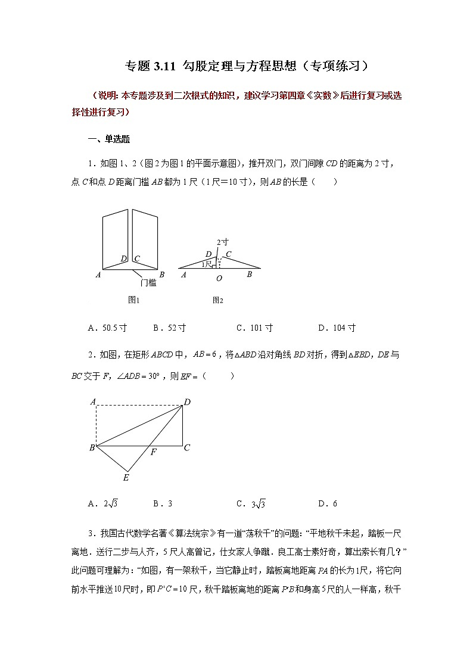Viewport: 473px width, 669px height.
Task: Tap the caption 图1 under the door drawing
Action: pyautogui.click(x=134, y=300)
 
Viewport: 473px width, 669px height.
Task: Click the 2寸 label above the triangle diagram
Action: pyautogui.click(x=223, y=242)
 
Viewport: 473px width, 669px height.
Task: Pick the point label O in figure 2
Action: pyautogui.click(x=219, y=278)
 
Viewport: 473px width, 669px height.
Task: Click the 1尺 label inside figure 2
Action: pyautogui.click(x=207, y=263)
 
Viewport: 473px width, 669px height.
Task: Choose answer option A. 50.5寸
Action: pyautogui.click(x=107, y=328)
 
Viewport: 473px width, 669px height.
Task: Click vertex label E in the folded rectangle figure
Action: pyautogui.click(x=126, y=477)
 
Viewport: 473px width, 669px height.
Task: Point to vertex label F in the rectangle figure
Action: pyautogui.click(x=153, y=453)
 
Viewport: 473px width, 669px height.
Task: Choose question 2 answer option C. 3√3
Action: pyautogui.click(x=250, y=504)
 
